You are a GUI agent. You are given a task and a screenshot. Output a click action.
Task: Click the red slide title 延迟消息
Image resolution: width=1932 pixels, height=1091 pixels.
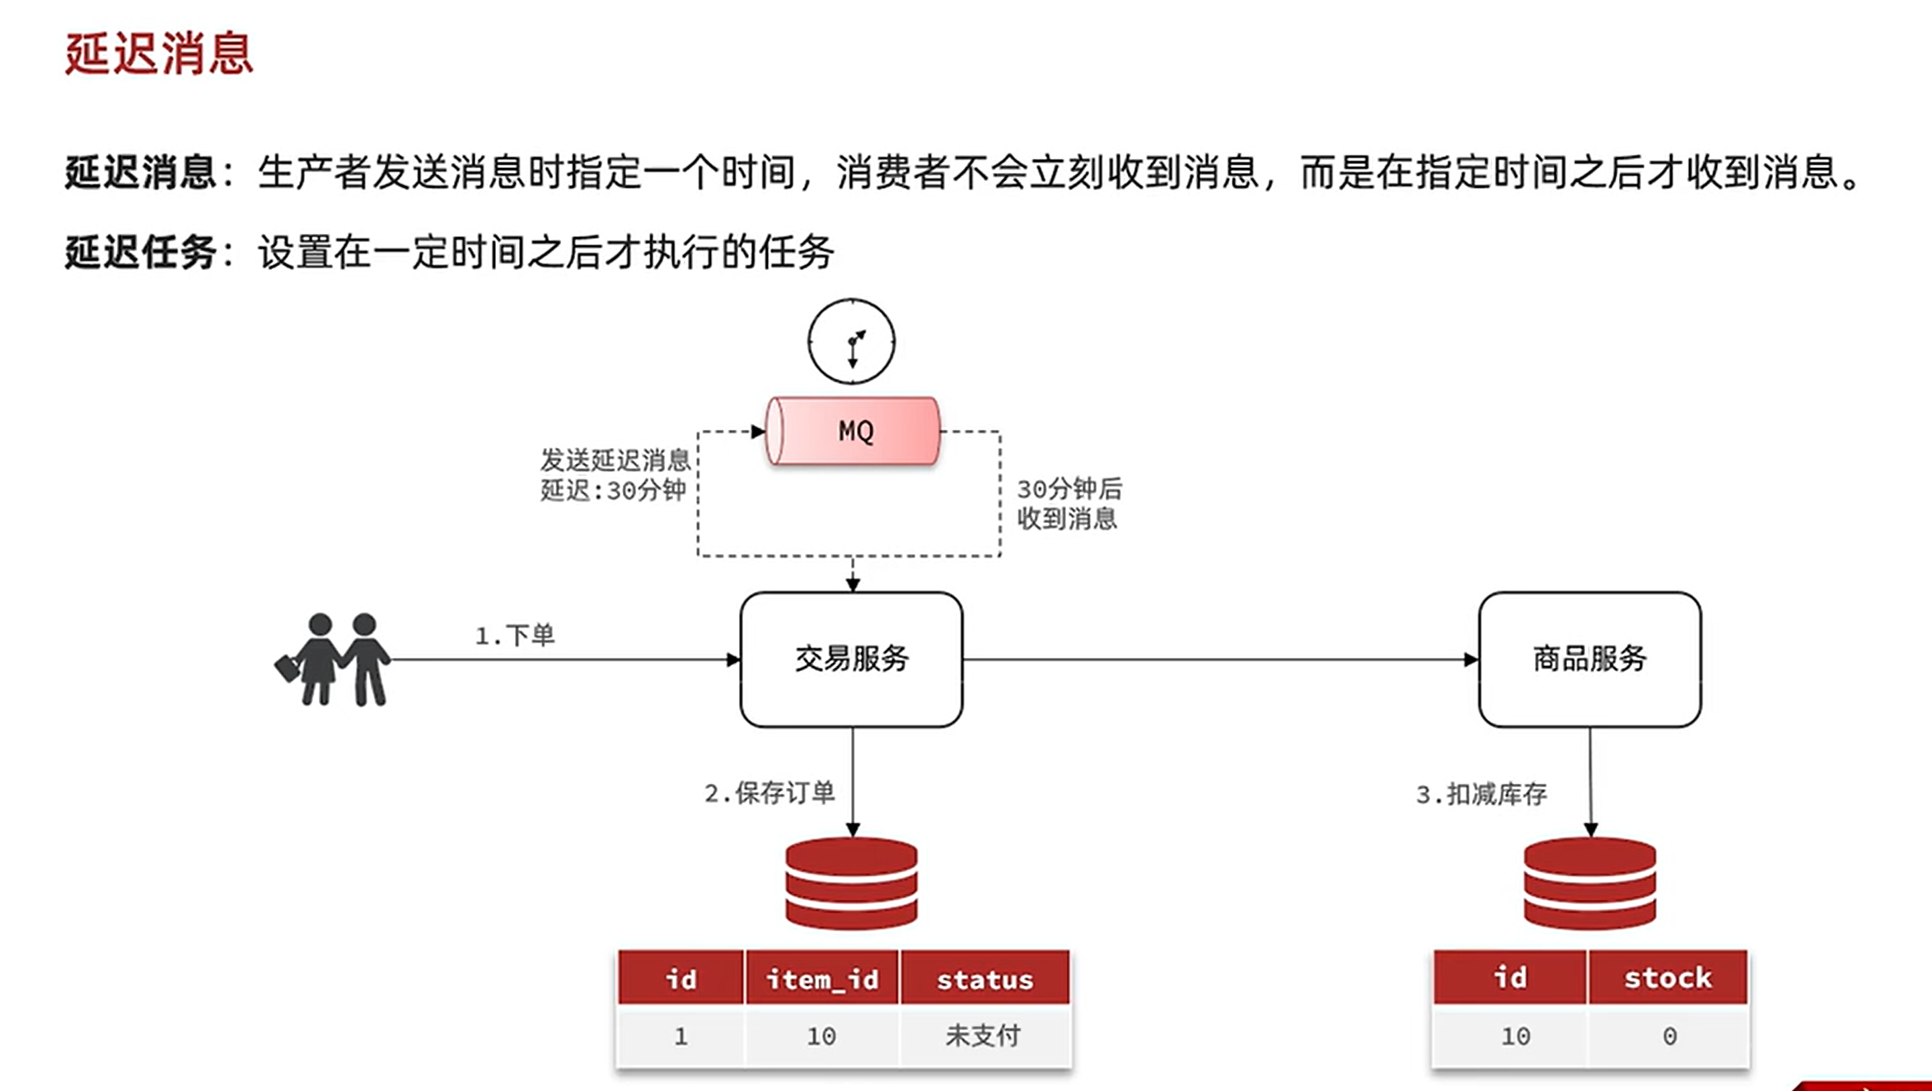[x=159, y=54]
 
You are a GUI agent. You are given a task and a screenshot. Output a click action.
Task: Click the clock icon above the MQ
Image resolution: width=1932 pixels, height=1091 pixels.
[x=851, y=342]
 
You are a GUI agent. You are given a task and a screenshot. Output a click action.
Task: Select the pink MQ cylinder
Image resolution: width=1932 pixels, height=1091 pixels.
[x=854, y=431]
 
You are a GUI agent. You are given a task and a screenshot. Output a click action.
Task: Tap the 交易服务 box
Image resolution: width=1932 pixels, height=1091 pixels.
[x=851, y=659]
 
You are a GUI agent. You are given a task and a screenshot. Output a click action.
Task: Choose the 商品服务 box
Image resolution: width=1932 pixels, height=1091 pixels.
[x=1589, y=659]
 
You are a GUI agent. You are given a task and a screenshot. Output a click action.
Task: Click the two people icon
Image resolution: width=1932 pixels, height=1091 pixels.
[x=334, y=659]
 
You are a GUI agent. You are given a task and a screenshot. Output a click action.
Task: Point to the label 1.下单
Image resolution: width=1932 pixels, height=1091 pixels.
[x=515, y=636]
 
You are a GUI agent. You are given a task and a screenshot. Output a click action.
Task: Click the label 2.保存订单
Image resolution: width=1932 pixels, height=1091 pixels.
[x=770, y=793]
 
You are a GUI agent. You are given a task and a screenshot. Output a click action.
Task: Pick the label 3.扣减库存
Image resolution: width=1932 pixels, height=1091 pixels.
[x=1481, y=795]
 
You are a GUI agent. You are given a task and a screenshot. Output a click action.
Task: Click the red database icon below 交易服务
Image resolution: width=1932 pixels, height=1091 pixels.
[x=851, y=884]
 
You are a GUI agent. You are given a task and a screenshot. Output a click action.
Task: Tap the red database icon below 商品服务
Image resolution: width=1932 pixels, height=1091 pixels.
[x=1589, y=884]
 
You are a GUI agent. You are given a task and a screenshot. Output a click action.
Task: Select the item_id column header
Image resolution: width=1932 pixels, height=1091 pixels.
[x=821, y=979]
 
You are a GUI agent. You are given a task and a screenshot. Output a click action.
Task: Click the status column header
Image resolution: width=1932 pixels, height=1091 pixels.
[x=985, y=979]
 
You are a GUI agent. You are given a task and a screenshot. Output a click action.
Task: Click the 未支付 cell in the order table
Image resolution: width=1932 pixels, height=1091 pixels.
[x=983, y=1036]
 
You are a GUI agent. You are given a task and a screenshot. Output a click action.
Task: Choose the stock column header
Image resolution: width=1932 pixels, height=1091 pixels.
[x=1668, y=977]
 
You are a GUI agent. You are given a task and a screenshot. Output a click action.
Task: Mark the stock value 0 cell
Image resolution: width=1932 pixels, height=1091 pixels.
[x=1669, y=1036]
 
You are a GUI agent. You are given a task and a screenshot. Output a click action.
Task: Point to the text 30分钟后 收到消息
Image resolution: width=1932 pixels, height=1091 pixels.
[x=1069, y=504]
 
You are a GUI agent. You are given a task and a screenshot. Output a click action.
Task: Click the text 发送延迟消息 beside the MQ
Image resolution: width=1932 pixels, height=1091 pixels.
[x=615, y=459]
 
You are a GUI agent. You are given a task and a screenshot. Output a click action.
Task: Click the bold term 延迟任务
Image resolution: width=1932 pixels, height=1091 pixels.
[x=140, y=252]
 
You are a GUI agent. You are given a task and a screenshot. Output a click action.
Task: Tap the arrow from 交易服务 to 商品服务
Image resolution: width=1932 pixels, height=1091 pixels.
[x=1219, y=659]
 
